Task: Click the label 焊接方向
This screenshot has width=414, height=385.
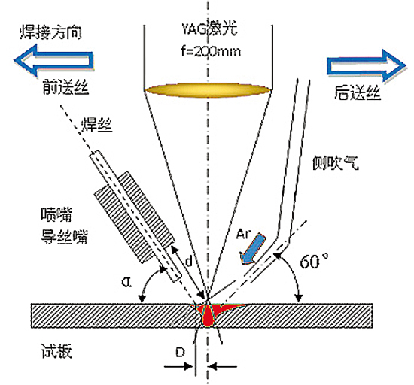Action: (50, 32)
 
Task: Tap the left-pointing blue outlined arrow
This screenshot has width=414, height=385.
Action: (53, 60)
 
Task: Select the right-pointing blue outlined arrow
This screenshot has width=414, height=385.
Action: (367, 65)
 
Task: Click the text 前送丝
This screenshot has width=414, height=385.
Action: (65, 86)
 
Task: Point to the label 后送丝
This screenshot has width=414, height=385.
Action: (358, 92)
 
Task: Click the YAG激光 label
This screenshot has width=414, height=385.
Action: (209, 29)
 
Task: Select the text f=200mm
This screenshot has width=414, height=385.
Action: (211, 51)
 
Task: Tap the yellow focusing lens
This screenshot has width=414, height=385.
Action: (209, 90)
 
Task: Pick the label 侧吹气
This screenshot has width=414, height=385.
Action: (336, 162)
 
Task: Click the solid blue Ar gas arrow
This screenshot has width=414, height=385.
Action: (252, 249)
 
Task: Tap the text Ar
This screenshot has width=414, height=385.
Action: (243, 234)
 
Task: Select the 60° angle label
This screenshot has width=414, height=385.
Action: (314, 261)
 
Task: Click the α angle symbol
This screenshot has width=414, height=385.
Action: (126, 282)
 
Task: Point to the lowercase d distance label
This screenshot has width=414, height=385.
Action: (189, 261)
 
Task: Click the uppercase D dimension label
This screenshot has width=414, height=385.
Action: (181, 352)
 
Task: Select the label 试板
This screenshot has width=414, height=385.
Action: (56, 350)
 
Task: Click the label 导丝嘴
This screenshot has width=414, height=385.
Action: (64, 237)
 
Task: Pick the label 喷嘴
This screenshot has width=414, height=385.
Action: (56, 214)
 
